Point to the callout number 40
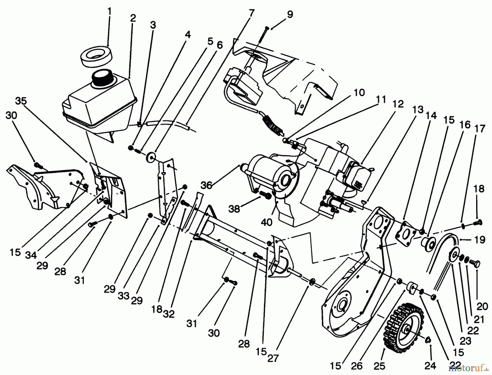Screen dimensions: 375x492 pyautogui.click(x=266, y=222)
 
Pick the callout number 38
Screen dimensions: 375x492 pyautogui.click(x=234, y=209)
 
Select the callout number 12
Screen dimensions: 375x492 pyautogui.click(x=398, y=104)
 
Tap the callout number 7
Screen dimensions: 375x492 pyautogui.click(x=252, y=13)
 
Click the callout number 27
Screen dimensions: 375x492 pyautogui.click(x=273, y=358)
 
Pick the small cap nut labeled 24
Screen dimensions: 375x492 pyautogui.click(x=428, y=340)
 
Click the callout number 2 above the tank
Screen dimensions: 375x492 pyautogui.click(x=133, y=18)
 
